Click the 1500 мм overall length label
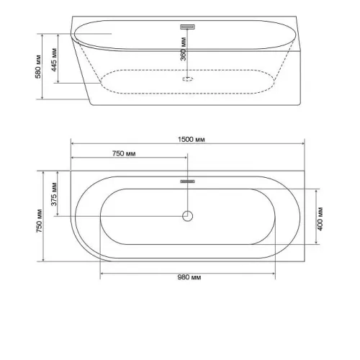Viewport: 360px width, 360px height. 192,140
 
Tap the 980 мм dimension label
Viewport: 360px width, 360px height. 189,277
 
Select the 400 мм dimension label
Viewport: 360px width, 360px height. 320,219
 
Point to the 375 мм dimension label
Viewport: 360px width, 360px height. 54,194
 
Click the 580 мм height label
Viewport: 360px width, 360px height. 38,67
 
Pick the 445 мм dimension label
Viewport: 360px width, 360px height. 54,60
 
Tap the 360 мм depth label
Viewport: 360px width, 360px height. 183,49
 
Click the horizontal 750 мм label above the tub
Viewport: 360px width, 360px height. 124,153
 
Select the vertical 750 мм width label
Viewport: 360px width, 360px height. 39,220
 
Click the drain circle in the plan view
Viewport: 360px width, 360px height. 187,216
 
